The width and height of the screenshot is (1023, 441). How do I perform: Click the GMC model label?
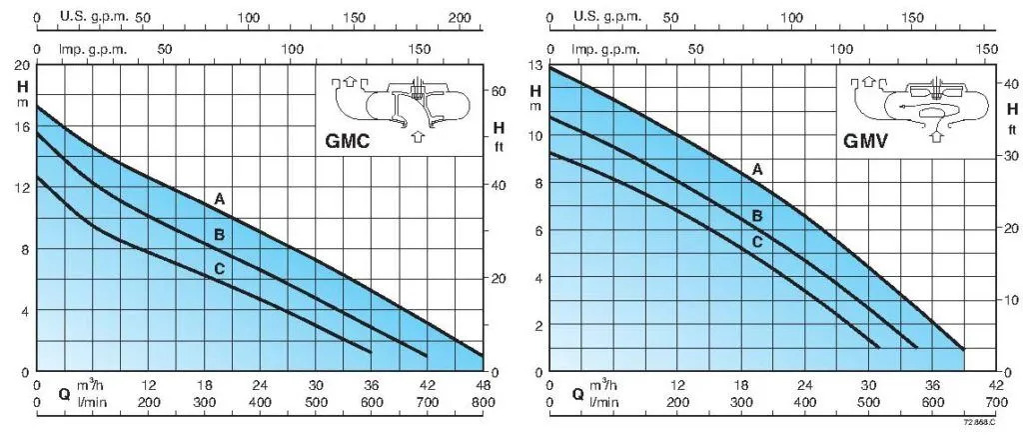coord(347,142)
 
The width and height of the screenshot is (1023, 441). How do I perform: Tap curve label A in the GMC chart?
coord(219,200)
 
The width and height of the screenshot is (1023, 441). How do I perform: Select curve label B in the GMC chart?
coord(219,235)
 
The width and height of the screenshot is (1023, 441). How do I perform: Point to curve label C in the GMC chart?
coord(219,268)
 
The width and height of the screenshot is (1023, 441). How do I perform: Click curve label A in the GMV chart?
coord(757,170)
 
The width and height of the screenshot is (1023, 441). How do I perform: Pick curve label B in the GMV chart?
coord(757,215)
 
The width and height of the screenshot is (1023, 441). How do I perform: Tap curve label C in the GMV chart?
coord(757,241)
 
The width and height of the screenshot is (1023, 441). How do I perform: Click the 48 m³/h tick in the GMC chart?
coord(483,385)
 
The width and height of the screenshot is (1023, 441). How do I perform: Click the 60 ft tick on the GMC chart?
coord(499,91)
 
